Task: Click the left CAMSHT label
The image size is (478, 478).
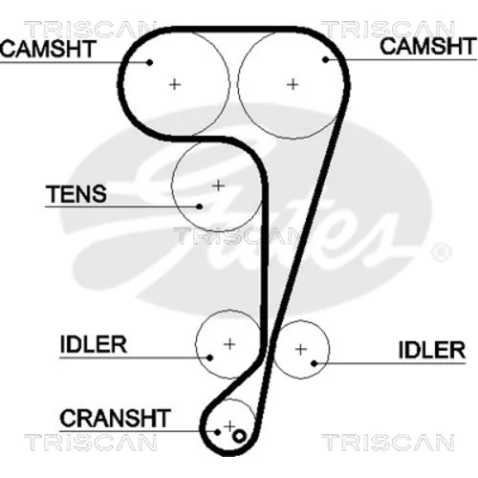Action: [x=49, y=49]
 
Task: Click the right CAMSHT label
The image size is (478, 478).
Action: [x=428, y=46]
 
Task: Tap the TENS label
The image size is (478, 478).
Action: [x=76, y=194]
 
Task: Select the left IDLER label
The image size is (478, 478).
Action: [x=94, y=344]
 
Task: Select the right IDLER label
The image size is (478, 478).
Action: [x=432, y=350]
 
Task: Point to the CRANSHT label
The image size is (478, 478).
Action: [x=115, y=418]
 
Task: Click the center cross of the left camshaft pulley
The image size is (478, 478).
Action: [x=174, y=84]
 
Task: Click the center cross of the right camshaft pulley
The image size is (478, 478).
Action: [x=293, y=84]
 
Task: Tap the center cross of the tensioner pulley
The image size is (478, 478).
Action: [x=218, y=185]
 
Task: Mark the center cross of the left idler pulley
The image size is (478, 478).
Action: [x=229, y=344]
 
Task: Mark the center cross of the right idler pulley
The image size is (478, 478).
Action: [x=301, y=350]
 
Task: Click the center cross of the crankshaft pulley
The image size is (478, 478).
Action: [x=229, y=426]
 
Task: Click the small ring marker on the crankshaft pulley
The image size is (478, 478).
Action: [x=239, y=436]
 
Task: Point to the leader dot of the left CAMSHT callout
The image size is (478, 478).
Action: [x=149, y=62]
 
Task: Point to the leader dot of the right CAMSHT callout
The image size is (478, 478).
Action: [x=325, y=59]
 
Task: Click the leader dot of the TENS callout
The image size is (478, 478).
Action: [x=200, y=206]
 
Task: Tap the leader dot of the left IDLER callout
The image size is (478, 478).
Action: [x=209, y=358]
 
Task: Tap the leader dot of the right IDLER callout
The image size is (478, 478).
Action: [x=315, y=363]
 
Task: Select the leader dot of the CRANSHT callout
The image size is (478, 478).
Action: [x=217, y=432]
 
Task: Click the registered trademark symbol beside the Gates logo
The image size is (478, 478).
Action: [x=441, y=252]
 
